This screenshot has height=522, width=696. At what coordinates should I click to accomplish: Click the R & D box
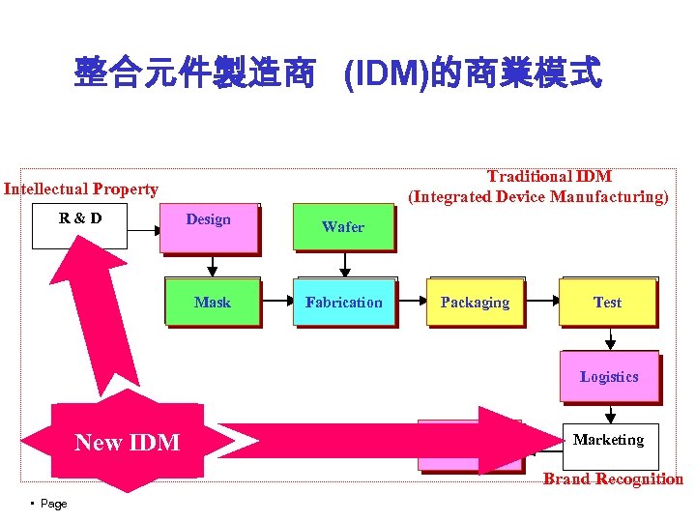click(79, 227)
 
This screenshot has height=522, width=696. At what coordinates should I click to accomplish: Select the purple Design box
click(210, 228)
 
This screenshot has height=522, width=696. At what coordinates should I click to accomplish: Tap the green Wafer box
click(343, 228)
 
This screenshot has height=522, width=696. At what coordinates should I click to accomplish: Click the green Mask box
click(213, 303)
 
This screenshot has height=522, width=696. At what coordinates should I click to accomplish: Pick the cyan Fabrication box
click(344, 303)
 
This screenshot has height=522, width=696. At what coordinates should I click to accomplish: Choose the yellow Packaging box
click(475, 303)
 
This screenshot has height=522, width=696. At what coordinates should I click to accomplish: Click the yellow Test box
click(607, 303)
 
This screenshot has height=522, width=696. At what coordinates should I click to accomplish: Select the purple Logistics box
click(609, 376)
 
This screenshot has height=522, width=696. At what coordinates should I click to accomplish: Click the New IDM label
click(128, 443)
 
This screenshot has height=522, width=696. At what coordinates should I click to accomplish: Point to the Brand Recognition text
click(613, 479)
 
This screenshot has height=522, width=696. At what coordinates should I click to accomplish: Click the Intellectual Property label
click(81, 189)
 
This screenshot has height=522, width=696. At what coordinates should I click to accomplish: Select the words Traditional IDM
click(548, 176)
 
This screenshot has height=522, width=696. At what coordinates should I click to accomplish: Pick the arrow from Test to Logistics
click(610, 337)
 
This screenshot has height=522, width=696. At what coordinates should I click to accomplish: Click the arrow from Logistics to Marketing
click(610, 413)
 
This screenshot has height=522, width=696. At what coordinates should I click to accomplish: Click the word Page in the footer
click(53, 504)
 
